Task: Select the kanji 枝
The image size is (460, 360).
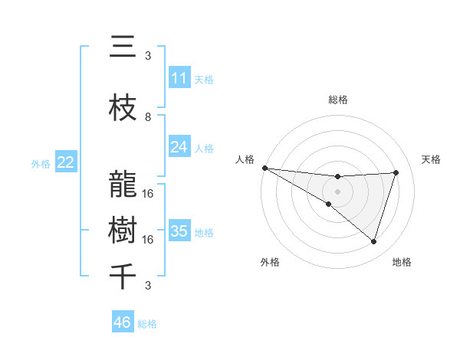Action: pos(122,108)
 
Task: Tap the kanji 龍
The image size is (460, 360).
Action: pos(122,185)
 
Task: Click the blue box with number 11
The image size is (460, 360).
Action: pos(179,78)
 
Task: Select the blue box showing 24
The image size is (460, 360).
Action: pos(179,147)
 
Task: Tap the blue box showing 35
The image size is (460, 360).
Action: pos(179,231)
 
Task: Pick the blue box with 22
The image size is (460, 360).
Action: pos(66,162)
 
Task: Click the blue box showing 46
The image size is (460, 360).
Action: pos(123,322)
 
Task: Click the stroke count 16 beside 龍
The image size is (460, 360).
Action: pos(148,193)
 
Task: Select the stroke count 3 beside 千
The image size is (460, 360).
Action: pos(148,286)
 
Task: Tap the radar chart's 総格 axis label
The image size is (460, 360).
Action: pos(337,100)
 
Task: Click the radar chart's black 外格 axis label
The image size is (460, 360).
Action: pos(269,262)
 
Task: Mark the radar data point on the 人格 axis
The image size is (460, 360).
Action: pos(264,168)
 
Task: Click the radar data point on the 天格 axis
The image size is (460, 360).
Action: pos(396,172)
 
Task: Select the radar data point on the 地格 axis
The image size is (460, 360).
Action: pos(373,241)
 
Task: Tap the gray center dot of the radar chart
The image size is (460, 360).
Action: pos(337,191)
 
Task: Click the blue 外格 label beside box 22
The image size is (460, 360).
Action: pos(41,163)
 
